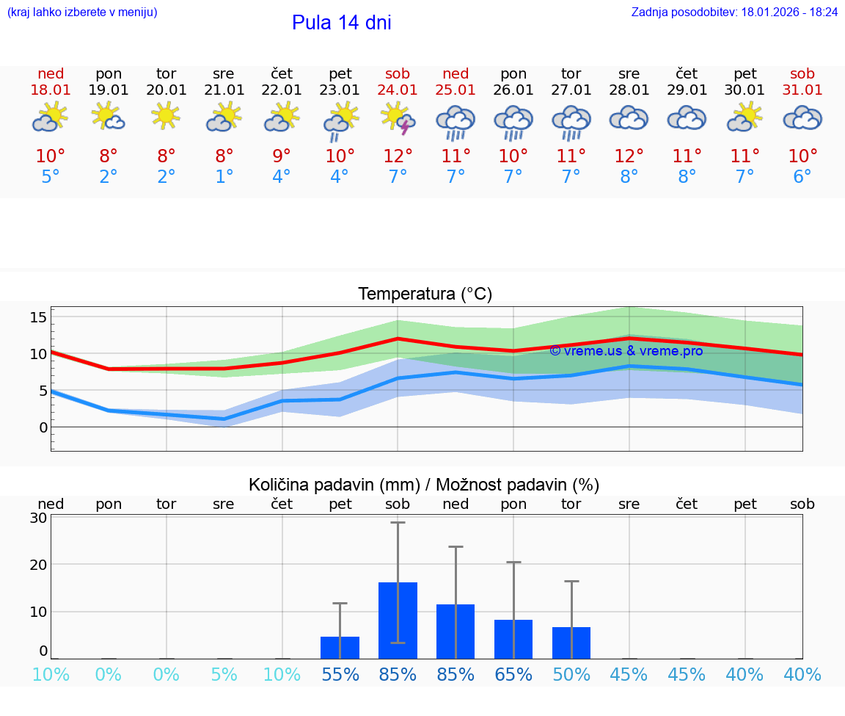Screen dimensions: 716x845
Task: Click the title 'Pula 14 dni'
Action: coord(341,23)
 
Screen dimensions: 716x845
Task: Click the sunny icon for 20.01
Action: coord(167,116)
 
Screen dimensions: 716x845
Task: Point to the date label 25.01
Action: coord(456,90)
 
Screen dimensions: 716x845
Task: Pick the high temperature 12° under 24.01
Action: coord(398,156)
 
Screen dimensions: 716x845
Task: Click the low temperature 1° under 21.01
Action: coord(224,177)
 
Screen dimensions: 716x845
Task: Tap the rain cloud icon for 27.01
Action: coord(571,121)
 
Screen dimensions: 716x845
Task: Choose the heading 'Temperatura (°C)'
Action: coord(425,294)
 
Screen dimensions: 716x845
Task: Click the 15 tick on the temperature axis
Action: coord(38,317)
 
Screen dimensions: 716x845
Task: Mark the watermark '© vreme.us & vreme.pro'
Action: coord(626,351)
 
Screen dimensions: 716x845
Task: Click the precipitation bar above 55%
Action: coord(340,648)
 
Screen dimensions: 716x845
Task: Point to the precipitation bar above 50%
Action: coord(571,643)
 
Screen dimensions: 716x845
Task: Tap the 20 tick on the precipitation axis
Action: coord(38,565)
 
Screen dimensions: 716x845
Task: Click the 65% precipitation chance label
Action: coord(513,675)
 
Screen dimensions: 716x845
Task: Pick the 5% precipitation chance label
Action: coord(224,675)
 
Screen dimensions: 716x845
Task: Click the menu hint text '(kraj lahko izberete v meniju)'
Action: coord(82,12)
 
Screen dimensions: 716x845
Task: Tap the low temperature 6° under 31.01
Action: coord(802,177)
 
